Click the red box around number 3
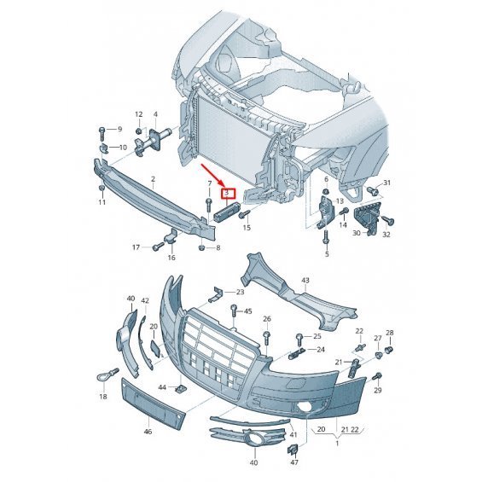pos(228,194)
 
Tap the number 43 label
pos(305,281)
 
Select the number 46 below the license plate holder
pos(148,432)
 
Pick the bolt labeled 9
pos(102,133)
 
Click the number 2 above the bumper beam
pos(153,179)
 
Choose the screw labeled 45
pos(235,311)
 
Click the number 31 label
pos(386,183)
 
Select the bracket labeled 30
pos(367,219)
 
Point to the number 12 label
pos(139,114)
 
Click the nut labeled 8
pos(202,247)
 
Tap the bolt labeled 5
pos(326,237)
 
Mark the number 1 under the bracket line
pos(337,444)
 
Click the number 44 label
pos(162,387)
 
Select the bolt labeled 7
pos(209,206)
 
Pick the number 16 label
pos(171,258)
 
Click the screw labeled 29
pos(377,375)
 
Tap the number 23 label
pos(240,292)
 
